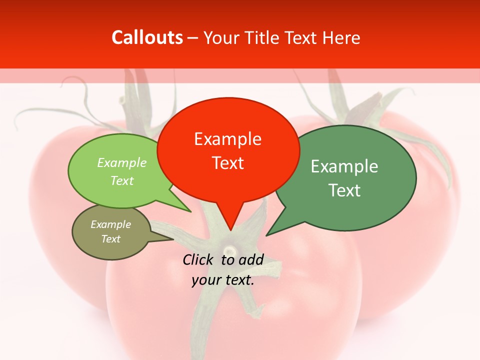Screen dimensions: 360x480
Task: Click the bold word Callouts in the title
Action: click(147, 37)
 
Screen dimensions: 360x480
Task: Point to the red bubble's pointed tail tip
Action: click(230, 230)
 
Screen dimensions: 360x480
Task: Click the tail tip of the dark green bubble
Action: click(266, 235)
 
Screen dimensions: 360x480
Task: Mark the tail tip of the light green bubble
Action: click(191, 212)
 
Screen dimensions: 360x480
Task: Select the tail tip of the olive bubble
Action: click(173, 239)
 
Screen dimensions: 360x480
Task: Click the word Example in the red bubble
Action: click(227, 139)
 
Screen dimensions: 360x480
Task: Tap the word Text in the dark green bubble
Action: click(344, 190)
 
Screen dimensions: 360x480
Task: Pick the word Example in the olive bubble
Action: click(110, 224)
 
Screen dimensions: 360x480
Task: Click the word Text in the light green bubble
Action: click(121, 180)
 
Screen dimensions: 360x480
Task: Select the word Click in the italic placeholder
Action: click(199, 259)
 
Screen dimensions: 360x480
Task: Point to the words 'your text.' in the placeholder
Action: click(223, 280)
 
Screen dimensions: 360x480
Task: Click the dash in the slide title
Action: click(193, 38)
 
